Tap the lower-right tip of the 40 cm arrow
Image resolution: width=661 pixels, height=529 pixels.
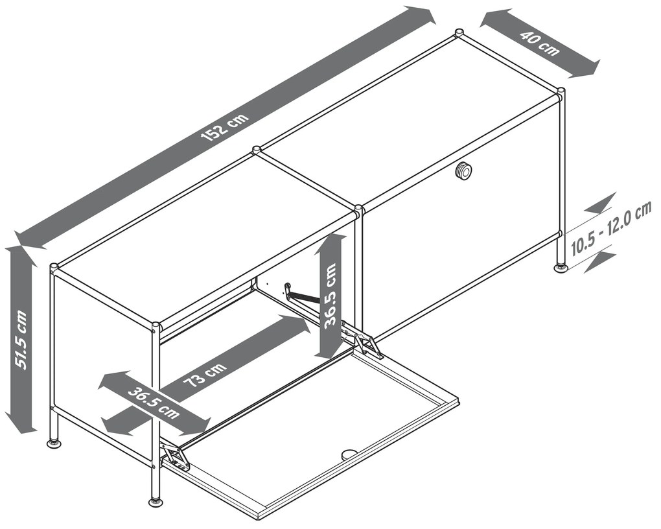point(599,64)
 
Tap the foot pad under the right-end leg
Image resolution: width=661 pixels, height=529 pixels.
point(561,268)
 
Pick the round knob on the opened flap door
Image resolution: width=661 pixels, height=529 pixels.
point(348,454)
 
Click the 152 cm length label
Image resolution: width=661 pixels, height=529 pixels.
point(225,126)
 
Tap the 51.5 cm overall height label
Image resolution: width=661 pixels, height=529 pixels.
point(21,340)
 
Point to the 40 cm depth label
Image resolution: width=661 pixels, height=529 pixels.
point(539,43)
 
